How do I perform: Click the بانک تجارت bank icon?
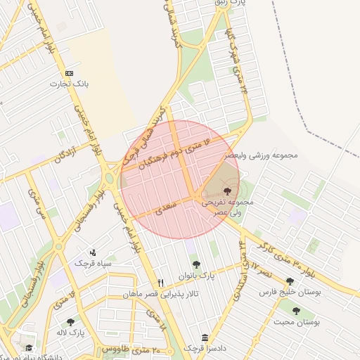point(69,73)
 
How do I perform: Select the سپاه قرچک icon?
point(93,252)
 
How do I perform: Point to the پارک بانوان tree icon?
point(196,265)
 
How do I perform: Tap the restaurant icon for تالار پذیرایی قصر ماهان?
point(161,283)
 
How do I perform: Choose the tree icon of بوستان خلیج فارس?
point(290,281)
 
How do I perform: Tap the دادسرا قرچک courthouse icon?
point(205,337)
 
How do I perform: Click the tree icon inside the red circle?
point(226,190)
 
